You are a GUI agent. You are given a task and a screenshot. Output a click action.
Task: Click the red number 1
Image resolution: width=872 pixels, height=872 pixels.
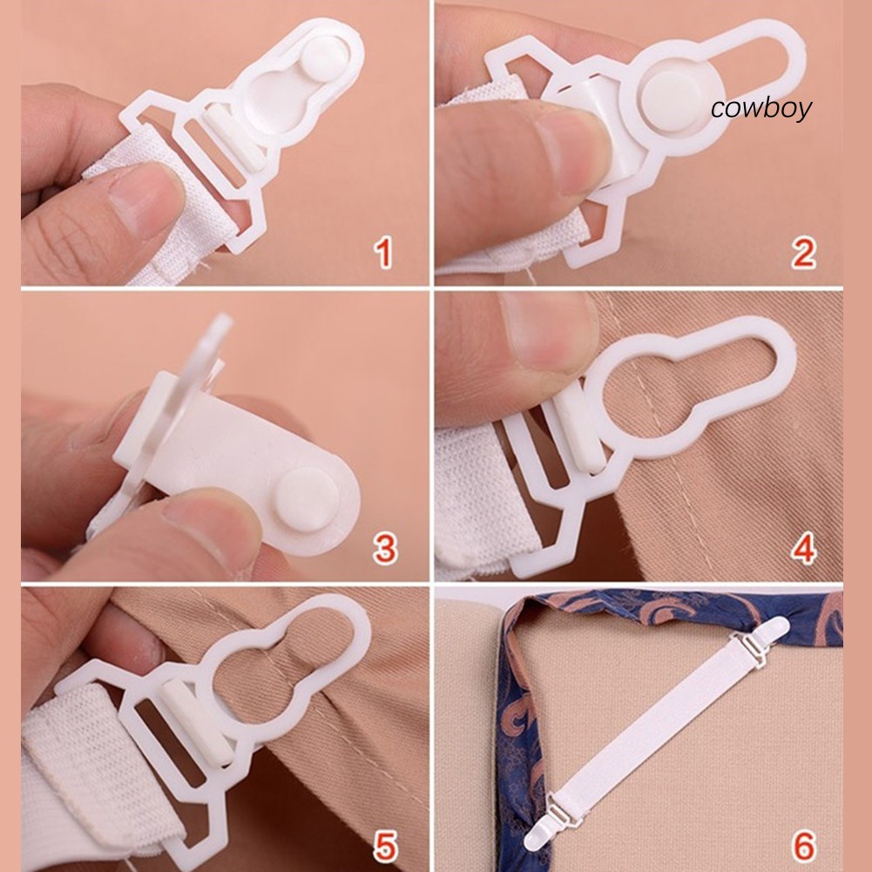(383, 253)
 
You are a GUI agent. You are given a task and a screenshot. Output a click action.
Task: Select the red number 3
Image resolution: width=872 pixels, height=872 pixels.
(385, 548)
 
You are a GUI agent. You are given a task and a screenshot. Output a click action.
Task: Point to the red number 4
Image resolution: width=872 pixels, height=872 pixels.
(804, 548)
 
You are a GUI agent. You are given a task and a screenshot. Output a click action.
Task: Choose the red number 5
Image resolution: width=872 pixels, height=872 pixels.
(385, 846)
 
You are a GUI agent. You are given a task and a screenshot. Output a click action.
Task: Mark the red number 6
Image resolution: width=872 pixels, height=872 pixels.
(804, 846)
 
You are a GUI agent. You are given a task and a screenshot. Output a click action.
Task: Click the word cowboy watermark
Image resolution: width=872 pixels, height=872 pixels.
(761, 108)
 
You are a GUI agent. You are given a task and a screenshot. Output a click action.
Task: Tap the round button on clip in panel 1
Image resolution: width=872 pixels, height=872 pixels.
(326, 58)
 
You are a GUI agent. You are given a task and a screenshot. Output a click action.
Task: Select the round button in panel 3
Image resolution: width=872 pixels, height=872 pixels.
(307, 499)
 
